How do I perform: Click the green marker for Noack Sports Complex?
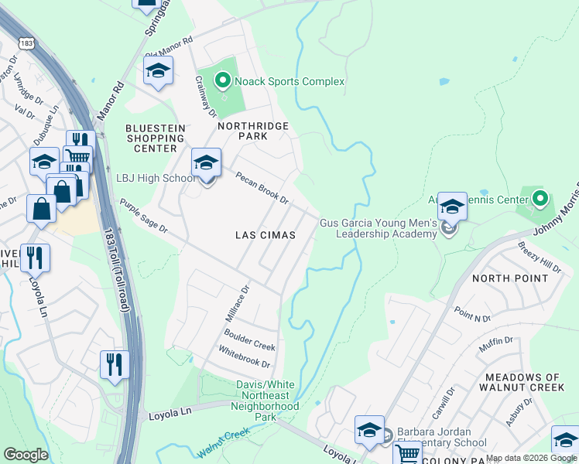click(222, 80)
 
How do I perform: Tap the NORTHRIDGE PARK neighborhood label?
click(242, 131)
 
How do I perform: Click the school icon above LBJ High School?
click(206, 163)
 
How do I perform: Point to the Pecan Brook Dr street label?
click(262, 188)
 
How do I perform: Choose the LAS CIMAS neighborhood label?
click(266, 234)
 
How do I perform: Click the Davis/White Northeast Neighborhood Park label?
click(267, 401)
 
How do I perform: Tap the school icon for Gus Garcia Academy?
click(452, 207)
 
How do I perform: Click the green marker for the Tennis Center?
click(541, 199)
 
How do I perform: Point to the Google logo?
click(26, 455)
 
